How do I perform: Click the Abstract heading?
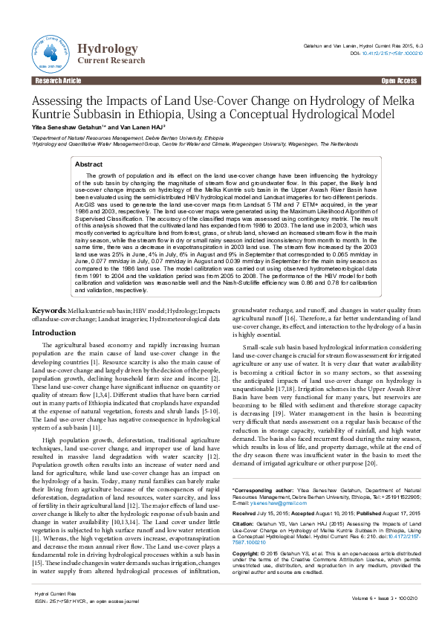coord(89,164)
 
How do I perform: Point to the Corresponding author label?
coord(261,489)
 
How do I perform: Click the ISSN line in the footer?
coord(82,603)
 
